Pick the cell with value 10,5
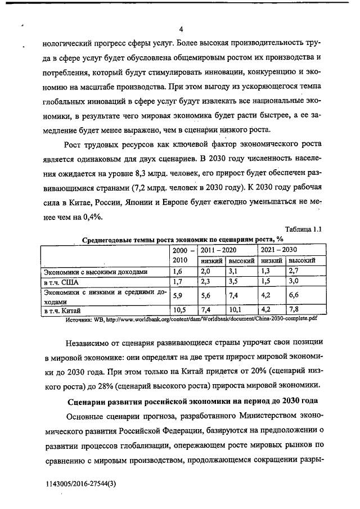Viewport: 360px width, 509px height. point(180,309)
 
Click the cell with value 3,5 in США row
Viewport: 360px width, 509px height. point(235,282)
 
